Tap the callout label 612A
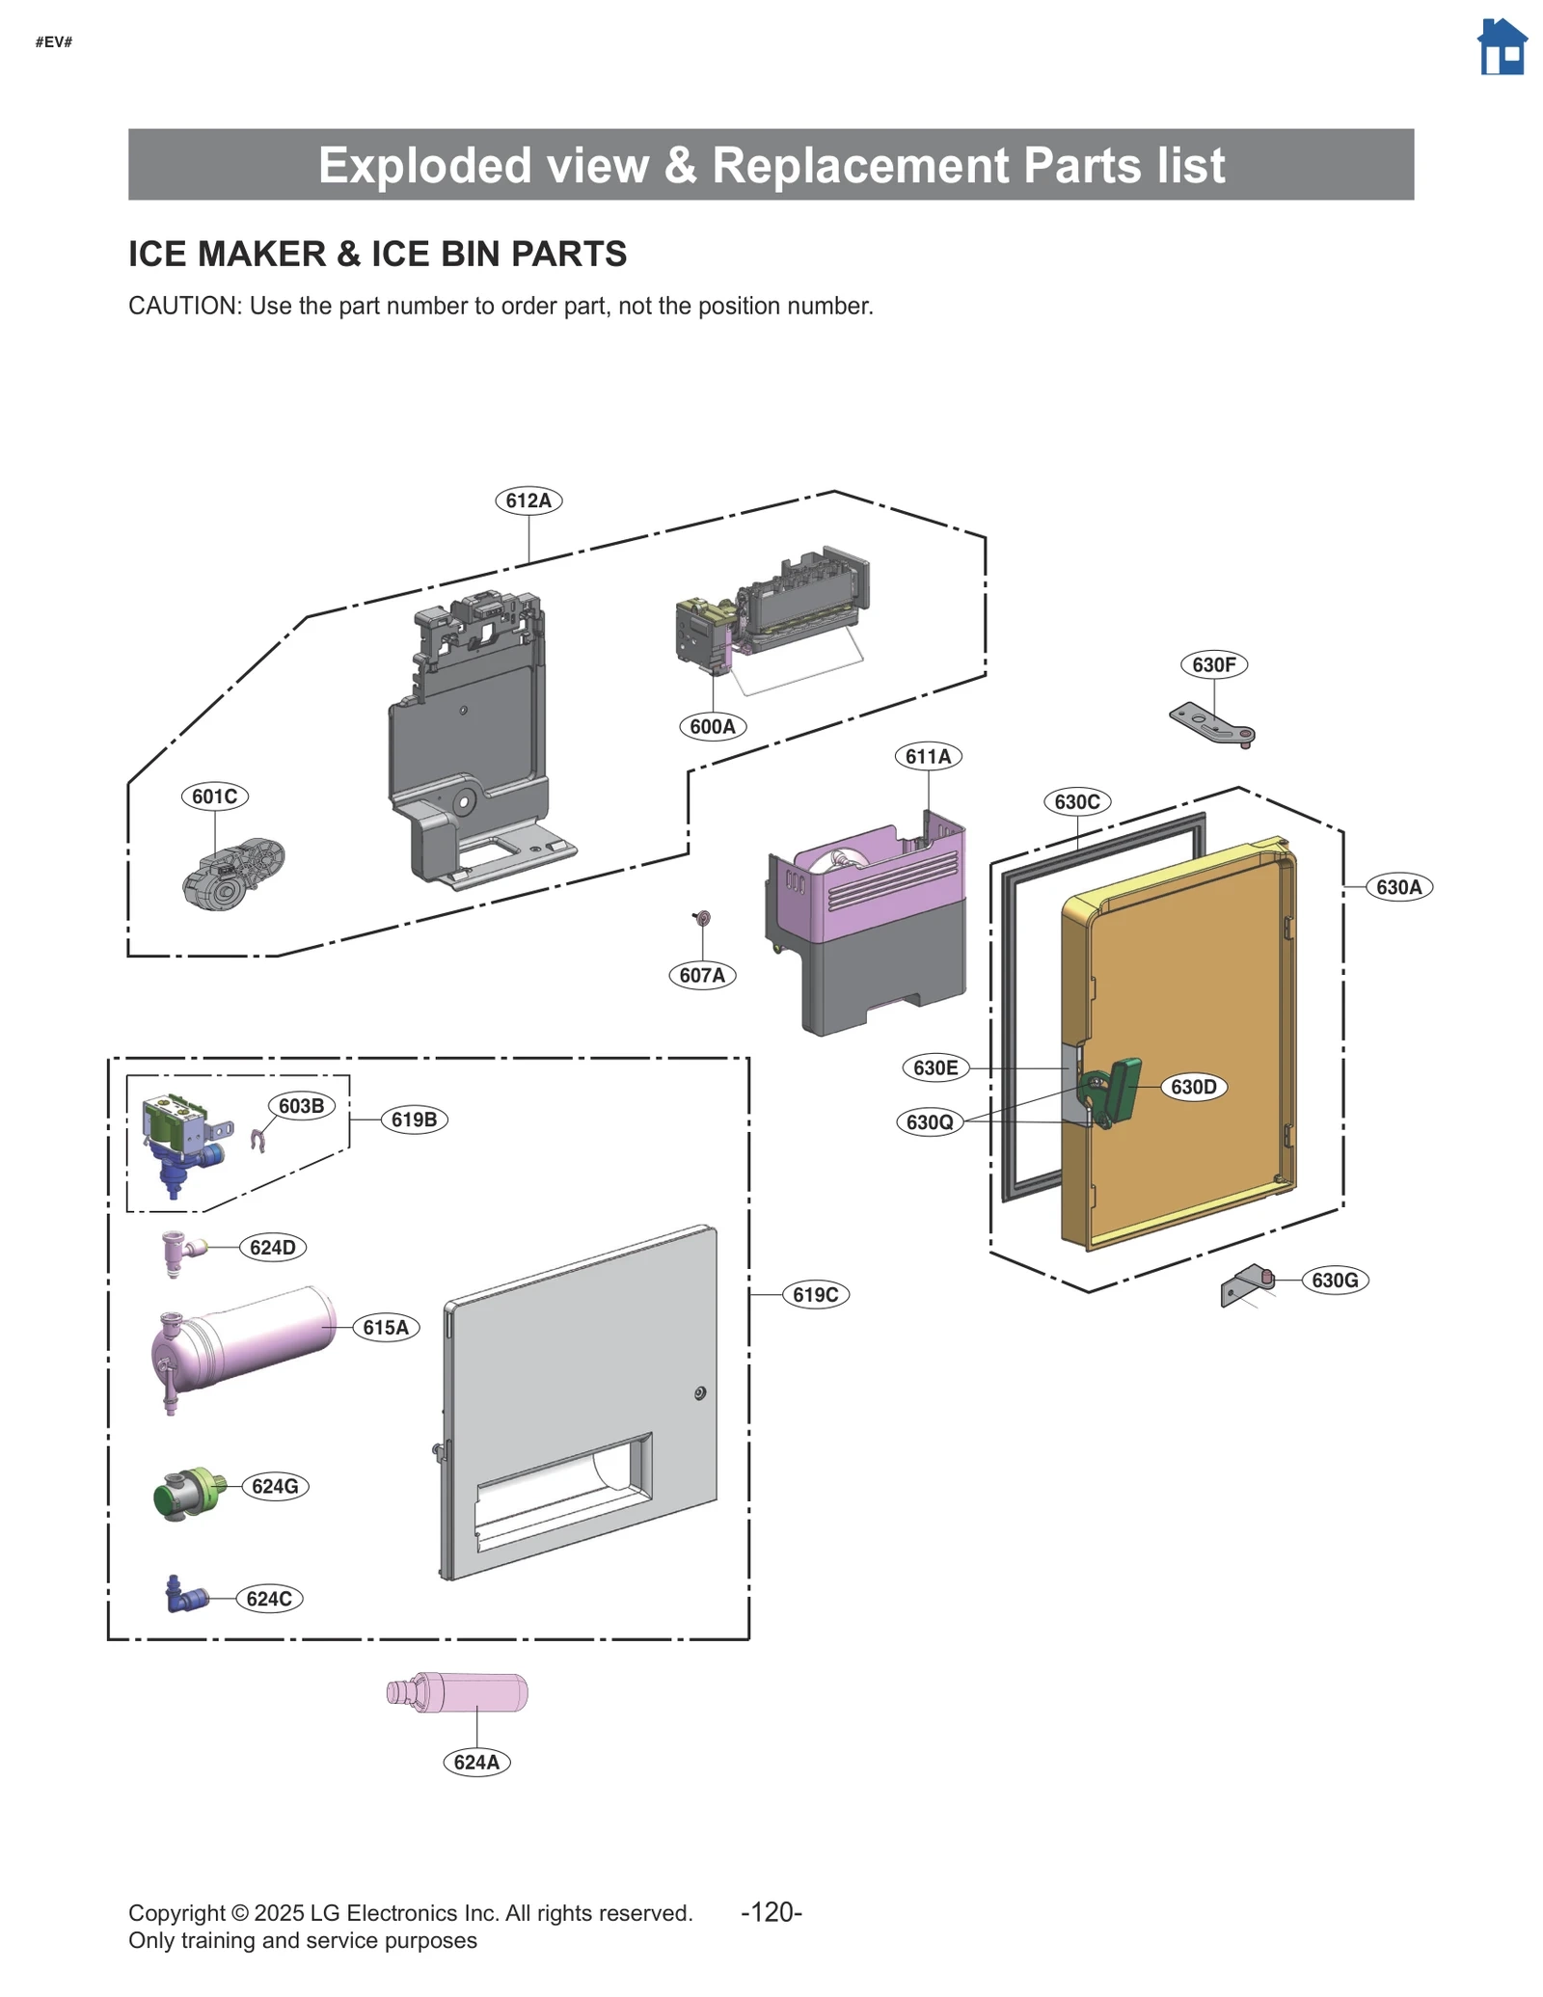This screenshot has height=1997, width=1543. point(528,500)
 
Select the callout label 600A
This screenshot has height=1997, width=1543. point(713,726)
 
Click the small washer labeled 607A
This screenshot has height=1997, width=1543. point(702,917)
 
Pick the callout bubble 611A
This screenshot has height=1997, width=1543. point(928,756)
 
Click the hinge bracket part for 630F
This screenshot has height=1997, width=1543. point(1212,724)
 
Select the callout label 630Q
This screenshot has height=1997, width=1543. point(930,1121)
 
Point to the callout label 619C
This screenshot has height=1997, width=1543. point(815,1294)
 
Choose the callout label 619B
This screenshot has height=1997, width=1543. point(414,1120)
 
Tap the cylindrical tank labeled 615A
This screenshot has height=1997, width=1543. point(243,1339)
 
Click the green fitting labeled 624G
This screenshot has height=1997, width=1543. point(189,1493)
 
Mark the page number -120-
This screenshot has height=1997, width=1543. point(771,1911)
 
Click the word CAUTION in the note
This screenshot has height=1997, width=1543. point(183,306)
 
